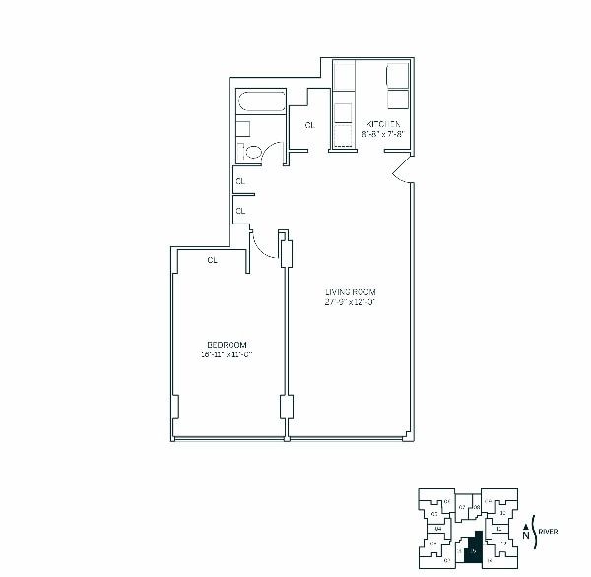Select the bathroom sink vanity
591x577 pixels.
coord(244,128)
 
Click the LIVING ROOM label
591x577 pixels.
coord(351,292)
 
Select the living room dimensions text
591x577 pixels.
coord(351,302)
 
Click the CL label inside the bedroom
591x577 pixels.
coord(212,260)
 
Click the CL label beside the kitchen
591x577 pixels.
coord(309,125)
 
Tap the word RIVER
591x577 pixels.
coord(549,532)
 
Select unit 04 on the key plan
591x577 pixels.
coord(436,530)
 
